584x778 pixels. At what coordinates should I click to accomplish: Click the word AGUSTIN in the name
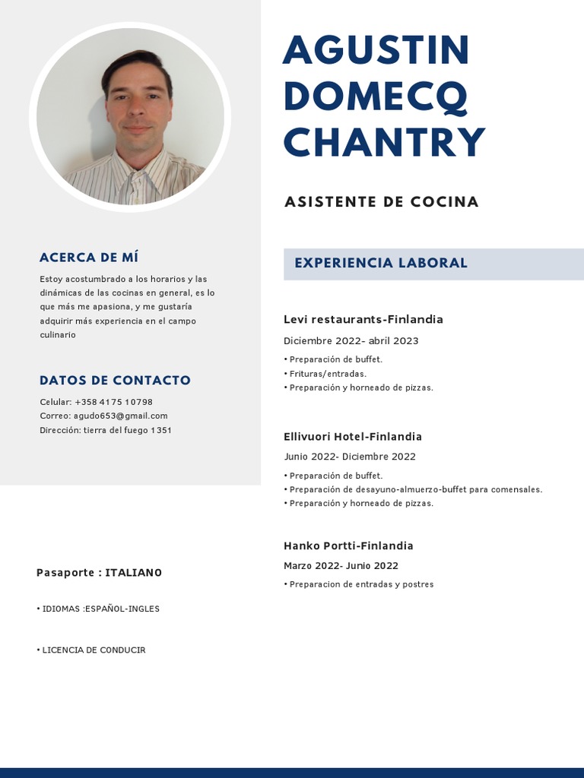pos(376,50)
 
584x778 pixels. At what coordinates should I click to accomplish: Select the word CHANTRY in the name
pos(384,142)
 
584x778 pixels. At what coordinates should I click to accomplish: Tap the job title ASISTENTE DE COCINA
pos(381,202)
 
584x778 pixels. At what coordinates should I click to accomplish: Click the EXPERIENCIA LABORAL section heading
pos(381,263)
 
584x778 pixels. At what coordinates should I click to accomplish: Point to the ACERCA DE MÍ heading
pos(89,258)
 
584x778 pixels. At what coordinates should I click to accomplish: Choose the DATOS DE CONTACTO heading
pos(115,381)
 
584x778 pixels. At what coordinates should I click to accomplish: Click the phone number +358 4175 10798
pos(113,402)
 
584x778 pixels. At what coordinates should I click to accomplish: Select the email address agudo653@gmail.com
pos(125,416)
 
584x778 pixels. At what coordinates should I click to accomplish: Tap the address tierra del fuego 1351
pos(128,430)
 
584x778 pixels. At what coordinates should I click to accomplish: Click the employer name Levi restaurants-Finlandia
pos(363,319)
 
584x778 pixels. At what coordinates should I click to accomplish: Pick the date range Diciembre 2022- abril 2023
pos(351,341)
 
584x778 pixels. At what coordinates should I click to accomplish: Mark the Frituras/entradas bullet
pos(328,374)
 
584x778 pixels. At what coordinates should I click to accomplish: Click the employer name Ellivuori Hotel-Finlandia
pos(352,437)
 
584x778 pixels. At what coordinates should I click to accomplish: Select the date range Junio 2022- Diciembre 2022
pos(350,457)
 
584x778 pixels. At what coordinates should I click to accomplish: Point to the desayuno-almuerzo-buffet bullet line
pos(415,489)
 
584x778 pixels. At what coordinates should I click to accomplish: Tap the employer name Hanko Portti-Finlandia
pos(348,546)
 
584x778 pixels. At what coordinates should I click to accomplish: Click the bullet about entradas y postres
pos(361,584)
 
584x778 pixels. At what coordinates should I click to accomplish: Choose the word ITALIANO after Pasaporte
pos(133,573)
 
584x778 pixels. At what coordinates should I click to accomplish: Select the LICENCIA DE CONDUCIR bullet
pos(94,650)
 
